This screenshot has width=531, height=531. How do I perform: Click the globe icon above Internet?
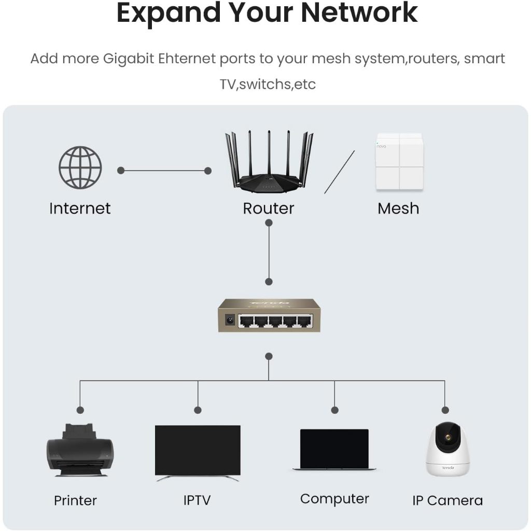[x=80, y=167]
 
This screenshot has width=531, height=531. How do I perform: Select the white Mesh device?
[x=399, y=162]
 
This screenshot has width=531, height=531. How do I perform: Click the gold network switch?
[x=269, y=315]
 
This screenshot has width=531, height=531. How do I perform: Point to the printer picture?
[x=79, y=450]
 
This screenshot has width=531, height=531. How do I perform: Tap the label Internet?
[x=80, y=208]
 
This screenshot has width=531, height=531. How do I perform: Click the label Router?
[x=269, y=208]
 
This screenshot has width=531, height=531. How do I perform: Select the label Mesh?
[x=398, y=208]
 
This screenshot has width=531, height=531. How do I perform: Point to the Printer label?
[x=75, y=500]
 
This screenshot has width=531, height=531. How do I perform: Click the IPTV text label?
[x=197, y=500]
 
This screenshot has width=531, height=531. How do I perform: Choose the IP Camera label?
[x=448, y=500]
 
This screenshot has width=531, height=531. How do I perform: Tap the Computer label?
[x=334, y=499]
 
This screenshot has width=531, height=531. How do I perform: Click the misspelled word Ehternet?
[x=180, y=59]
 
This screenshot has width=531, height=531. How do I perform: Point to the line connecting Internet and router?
[x=164, y=171]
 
